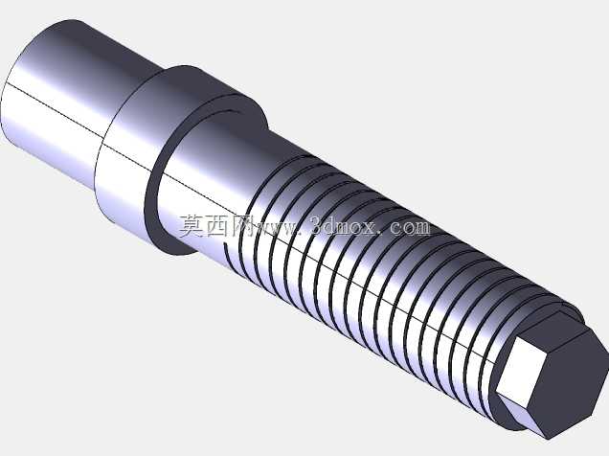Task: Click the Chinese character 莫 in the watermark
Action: point(192,226)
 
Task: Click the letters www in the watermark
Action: point(279,229)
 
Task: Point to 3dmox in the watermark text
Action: point(345,225)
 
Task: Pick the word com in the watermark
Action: point(411,228)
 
